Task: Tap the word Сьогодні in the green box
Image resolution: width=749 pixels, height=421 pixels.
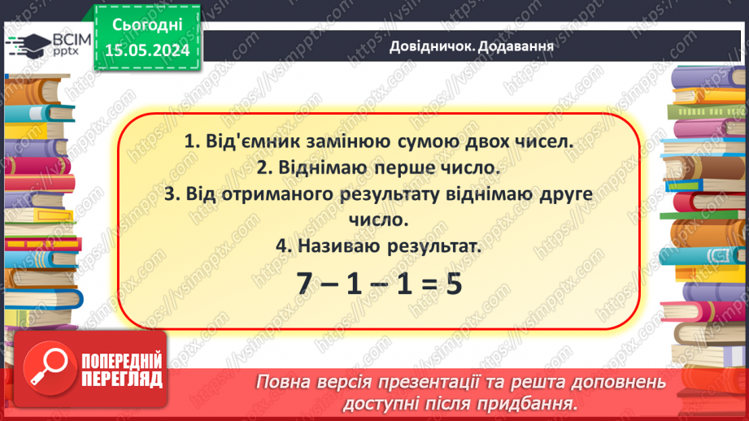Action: pos(148,26)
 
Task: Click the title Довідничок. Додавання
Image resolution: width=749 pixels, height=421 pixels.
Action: pos(472,46)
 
